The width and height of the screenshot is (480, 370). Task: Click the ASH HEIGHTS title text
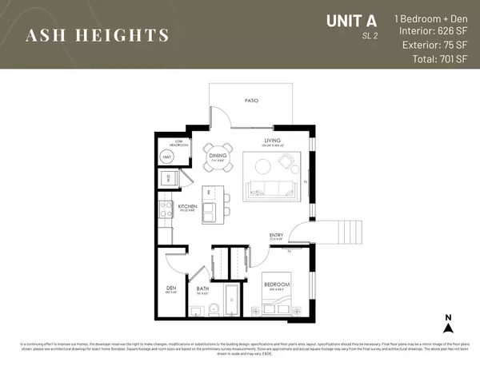click(98, 34)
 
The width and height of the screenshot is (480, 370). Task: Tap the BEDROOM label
click(276, 284)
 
